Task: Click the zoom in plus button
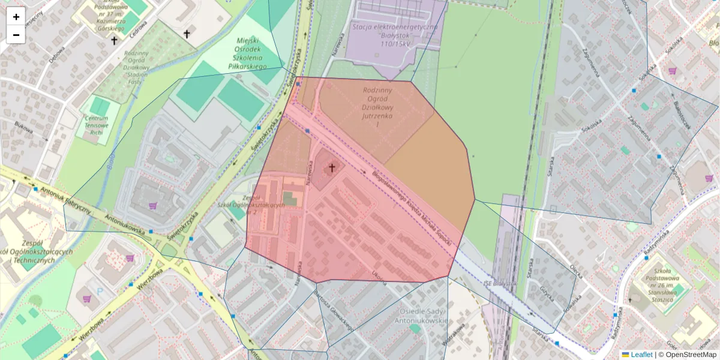coord(16,17)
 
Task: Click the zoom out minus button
coord(16,35)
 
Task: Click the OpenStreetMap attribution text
coord(687,355)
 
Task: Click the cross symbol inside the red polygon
coord(331,168)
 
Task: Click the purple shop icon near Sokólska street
coord(673,71)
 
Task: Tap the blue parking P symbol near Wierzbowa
coord(100,291)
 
